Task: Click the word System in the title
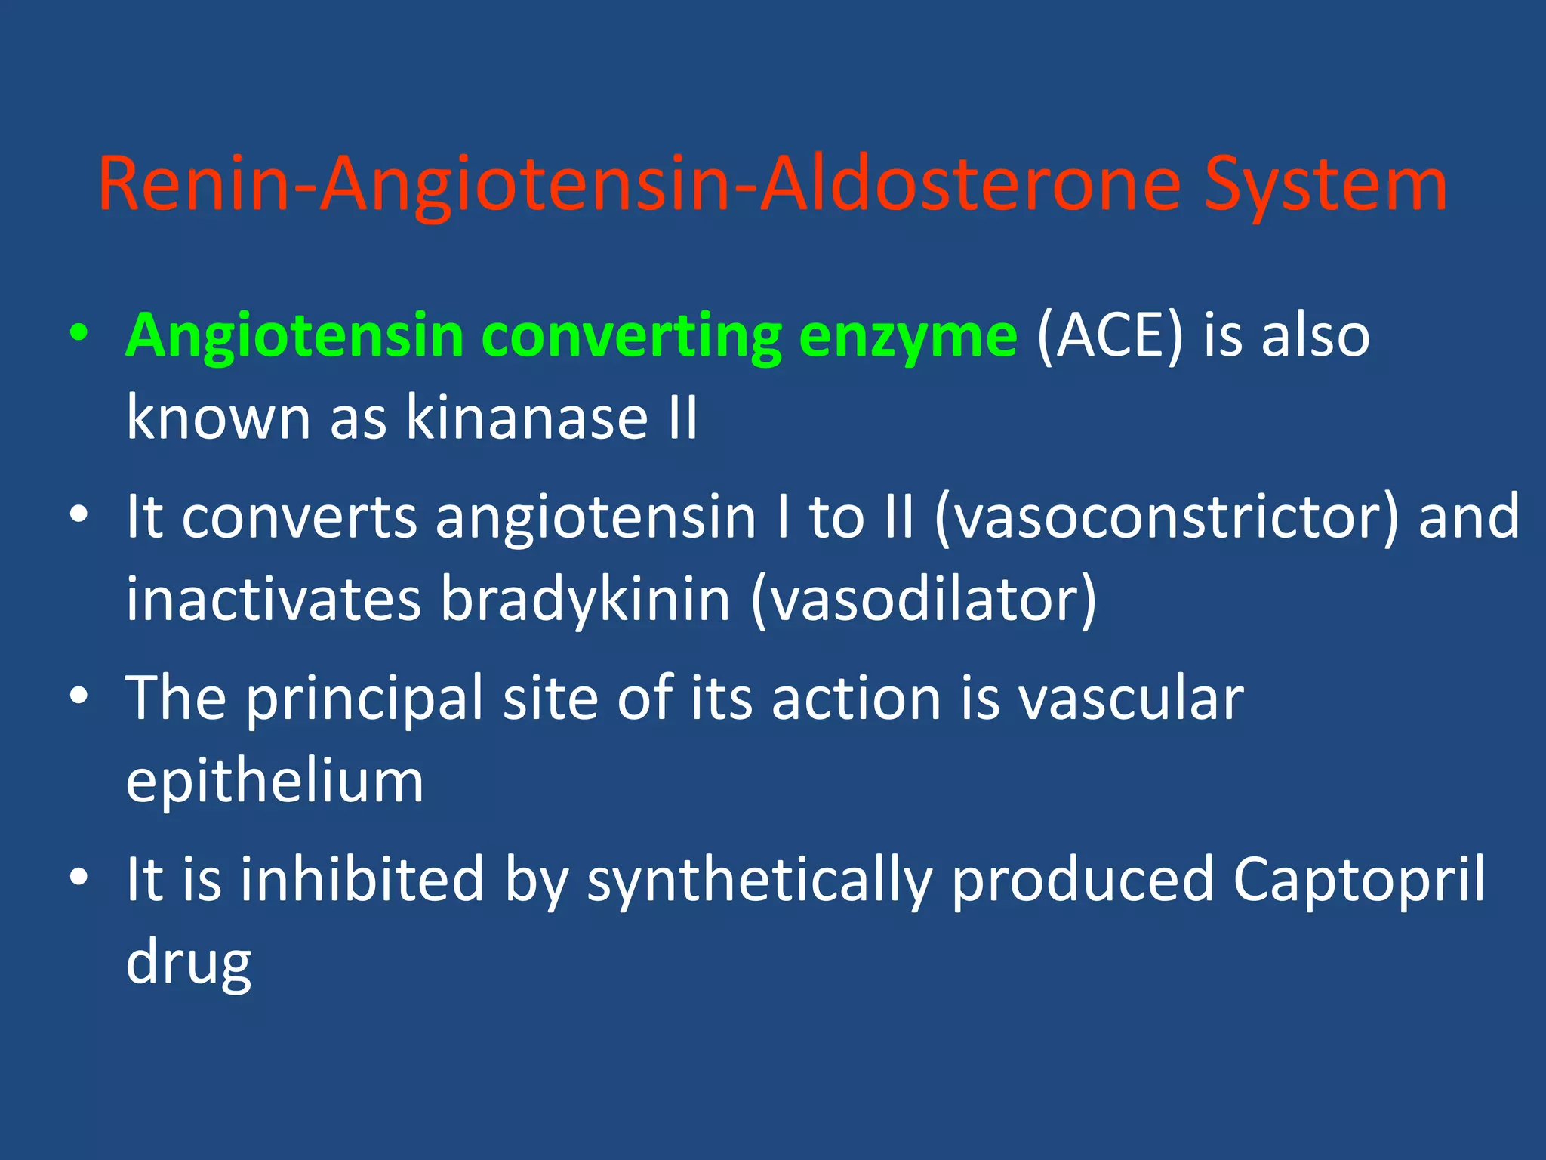1325,185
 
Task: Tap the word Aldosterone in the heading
970,185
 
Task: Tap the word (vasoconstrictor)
1166,517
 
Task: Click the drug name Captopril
1359,881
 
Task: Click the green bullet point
79,333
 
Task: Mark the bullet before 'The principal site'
79,696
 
